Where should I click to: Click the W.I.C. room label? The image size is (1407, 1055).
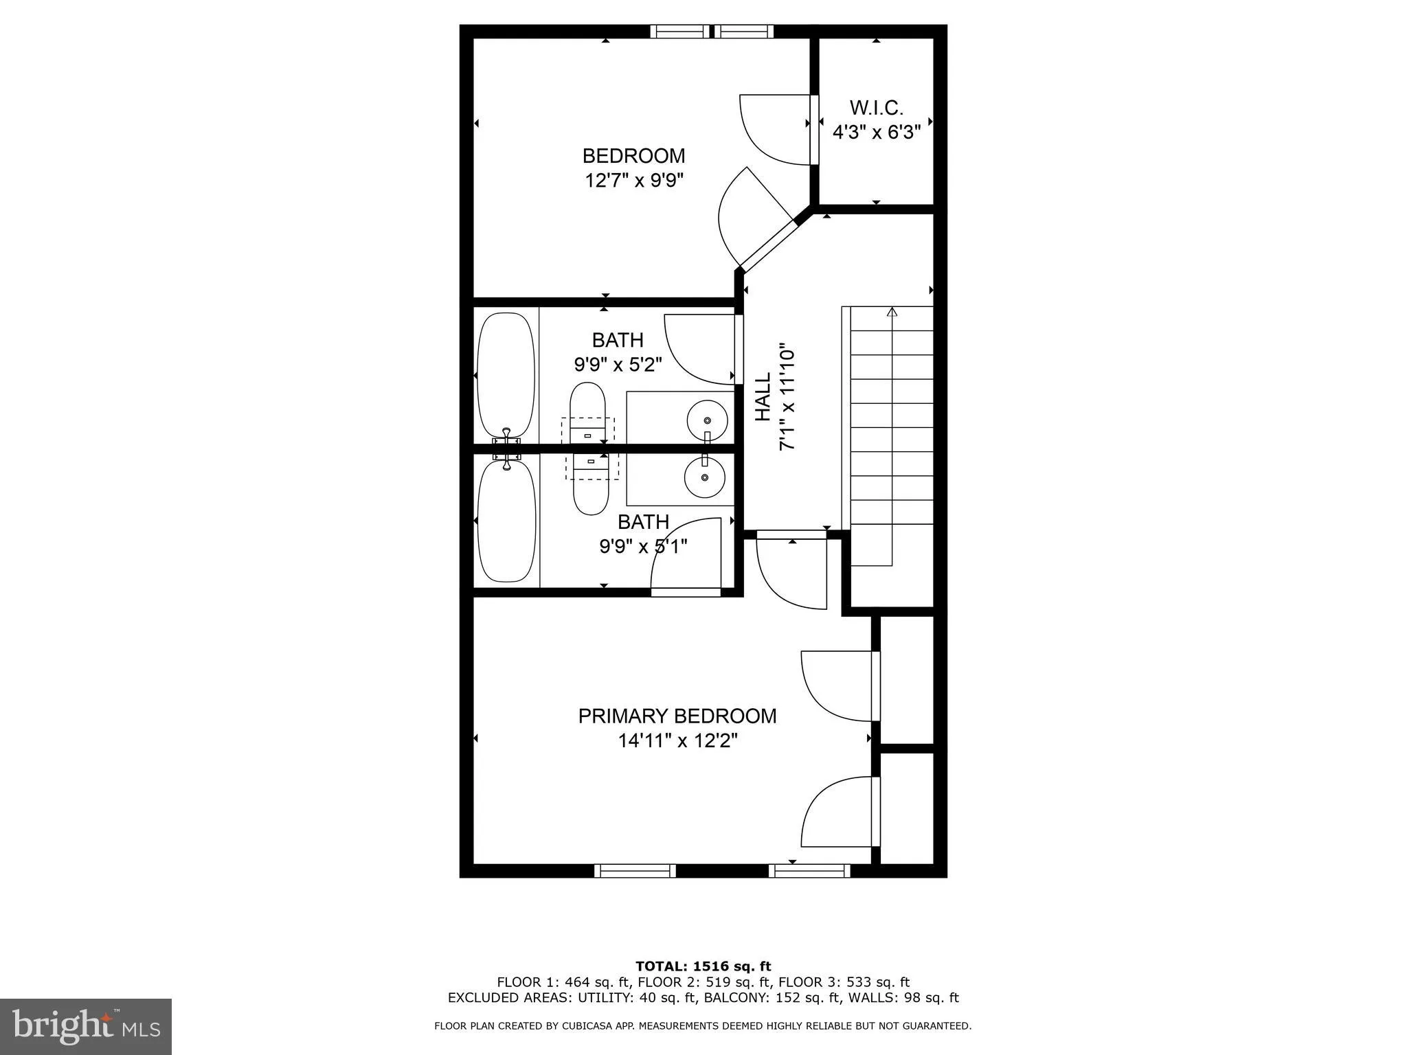pyautogui.click(x=876, y=108)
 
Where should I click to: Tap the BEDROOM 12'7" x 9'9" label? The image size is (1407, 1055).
pyautogui.click(x=633, y=168)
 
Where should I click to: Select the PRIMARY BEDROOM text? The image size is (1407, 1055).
pyautogui.click(x=677, y=716)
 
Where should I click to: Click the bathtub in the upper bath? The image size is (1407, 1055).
pyautogui.click(x=506, y=374)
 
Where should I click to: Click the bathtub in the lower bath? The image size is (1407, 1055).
pyautogui.click(x=506, y=521)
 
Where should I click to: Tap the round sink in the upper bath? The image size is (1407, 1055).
pyautogui.click(x=707, y=418)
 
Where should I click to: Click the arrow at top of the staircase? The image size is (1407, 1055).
pyautogui.click(x=892, y=313)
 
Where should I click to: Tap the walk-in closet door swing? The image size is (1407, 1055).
pyautogui.click(x=776, y=131)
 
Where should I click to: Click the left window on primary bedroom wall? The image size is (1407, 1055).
pyautogui.click(x=635, y=870)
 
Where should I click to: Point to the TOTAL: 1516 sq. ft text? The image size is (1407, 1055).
pyautogui.click(x=703, y=966)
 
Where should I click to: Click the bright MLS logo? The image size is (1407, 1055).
pyautogui.click(x=86, y=1026)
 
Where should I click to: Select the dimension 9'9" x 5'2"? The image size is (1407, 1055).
pyautogui.click(x=618, y=364)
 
